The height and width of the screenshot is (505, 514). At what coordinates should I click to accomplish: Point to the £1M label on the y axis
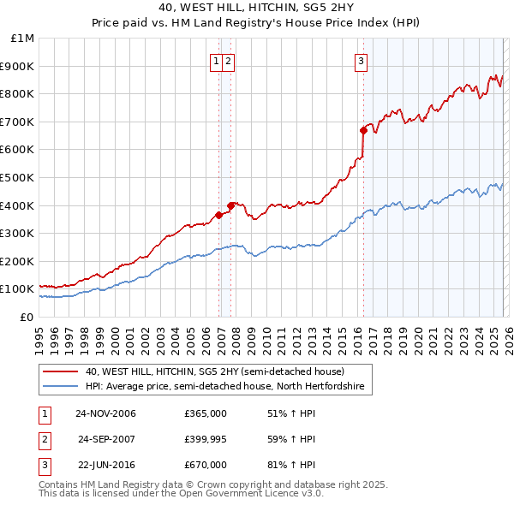pyautogui.click(x=23, y=38)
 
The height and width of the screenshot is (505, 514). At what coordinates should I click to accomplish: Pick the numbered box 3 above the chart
pyautogui.click(x=362, y=61)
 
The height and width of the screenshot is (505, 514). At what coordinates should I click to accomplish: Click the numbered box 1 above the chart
pyautogui.click(x=217, y=61)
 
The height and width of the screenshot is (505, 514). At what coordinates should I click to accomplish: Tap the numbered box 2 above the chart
pyautogui.click(x=230, y=61)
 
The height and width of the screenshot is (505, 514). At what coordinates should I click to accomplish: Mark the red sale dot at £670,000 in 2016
pyautogui.click(x=363, y=130)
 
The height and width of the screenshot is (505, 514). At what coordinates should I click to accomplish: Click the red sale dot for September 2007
pyautogui.click(x=231, y=205)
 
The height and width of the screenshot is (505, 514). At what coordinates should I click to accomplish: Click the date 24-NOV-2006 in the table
pyautogui.click(x=105, y=413)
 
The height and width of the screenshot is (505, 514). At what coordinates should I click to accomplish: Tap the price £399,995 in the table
pyautogui.click(x=205, y=439)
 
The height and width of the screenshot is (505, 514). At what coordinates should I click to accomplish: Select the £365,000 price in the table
pyautogui.click(x=205, y=413)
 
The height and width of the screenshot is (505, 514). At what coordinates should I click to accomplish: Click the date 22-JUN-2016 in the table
pyautogui.click(x=105, y=465)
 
